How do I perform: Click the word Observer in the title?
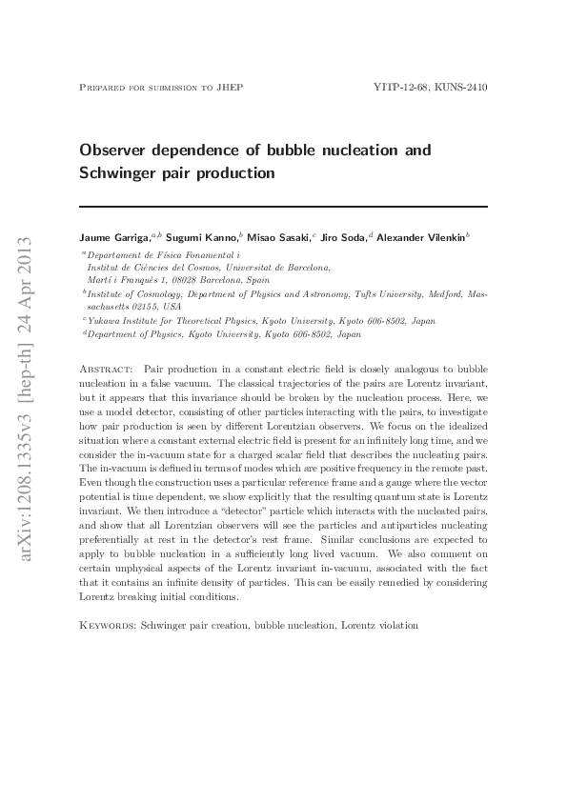click(x=117, y=150)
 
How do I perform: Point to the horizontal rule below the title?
click(x=283, y=205)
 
